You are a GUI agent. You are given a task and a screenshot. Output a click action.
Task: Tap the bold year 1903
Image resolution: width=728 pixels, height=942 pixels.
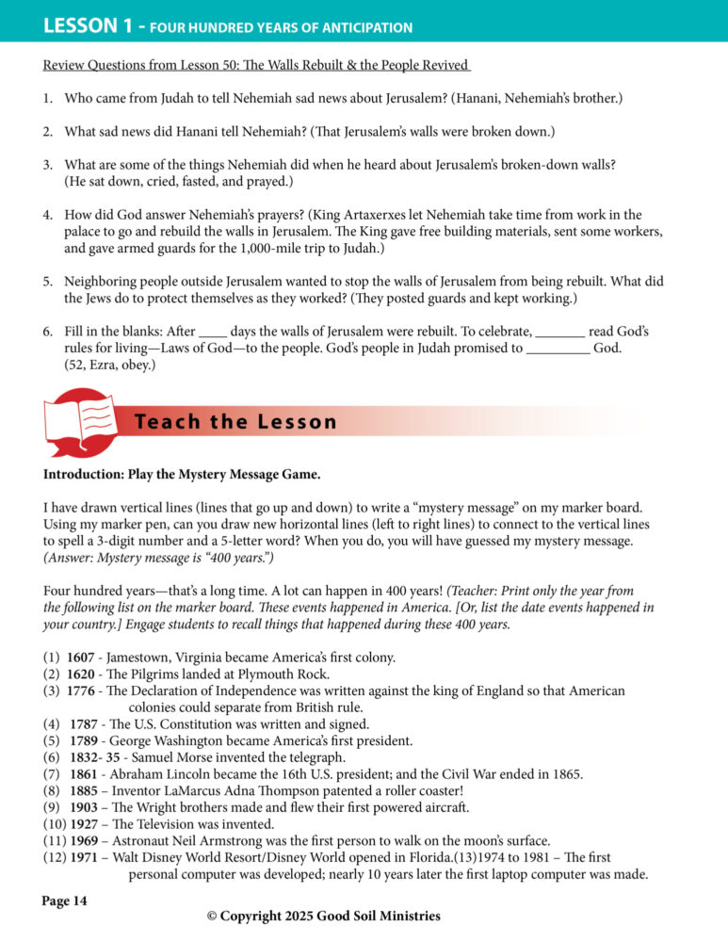83,807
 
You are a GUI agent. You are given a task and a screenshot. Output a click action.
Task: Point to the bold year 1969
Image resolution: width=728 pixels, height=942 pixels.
87,841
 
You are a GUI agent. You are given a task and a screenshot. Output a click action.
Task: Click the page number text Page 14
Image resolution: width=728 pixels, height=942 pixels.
64,901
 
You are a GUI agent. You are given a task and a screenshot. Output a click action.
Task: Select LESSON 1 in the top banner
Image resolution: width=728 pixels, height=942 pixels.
88,25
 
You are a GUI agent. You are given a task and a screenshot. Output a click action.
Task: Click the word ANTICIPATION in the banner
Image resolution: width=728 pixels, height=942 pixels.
359,27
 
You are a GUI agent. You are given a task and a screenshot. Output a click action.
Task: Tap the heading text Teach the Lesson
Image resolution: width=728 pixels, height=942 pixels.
235,422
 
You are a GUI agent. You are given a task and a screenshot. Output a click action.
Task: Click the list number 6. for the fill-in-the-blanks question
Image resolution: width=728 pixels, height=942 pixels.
49,333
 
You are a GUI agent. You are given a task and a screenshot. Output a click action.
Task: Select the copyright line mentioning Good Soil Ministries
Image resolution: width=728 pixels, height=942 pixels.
323,916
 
